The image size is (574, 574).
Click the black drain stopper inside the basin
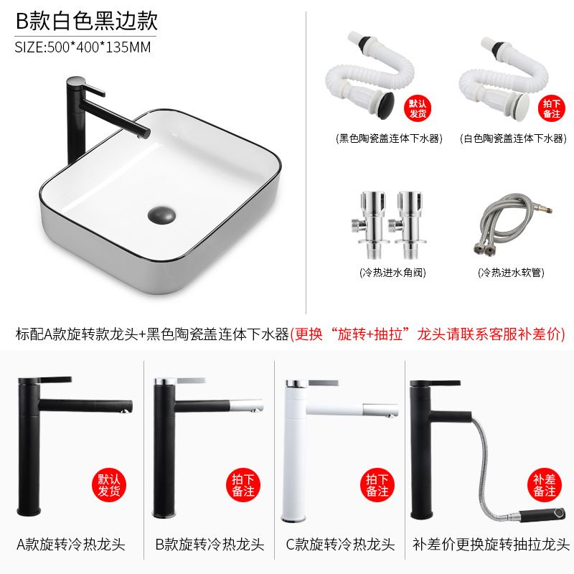point(161,215)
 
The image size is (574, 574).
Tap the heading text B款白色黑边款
point(87,21)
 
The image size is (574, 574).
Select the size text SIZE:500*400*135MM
point(83,47)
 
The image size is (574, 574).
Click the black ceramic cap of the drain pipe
point(385,100)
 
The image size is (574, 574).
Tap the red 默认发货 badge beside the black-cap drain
point(418,108)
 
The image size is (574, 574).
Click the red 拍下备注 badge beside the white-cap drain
point(551,108)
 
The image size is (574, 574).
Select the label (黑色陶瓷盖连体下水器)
point(389,138)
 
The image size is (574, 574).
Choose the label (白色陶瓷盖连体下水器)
point(513,138)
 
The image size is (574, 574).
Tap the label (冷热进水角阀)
point(392,273)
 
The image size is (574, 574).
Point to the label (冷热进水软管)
point(511,273)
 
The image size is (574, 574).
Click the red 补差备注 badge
point(545,485)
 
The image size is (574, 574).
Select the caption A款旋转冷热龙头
point(71,545)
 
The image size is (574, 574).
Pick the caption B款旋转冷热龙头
point(210,545)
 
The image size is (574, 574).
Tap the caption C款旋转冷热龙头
point(340,545)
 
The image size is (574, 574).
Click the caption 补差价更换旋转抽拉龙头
point(491,545)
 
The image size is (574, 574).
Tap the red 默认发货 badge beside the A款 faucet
point(109,485)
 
